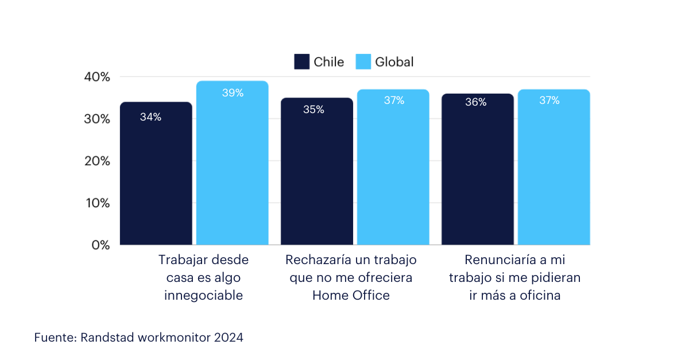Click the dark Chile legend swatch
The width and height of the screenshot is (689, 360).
(x=302, y=61)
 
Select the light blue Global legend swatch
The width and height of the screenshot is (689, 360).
(x=363, y=61)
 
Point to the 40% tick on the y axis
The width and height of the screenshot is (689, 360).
(x=97, y=76)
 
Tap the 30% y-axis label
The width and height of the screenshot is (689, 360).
(x=97, y=119)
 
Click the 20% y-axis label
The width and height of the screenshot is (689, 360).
(x=97, y=161)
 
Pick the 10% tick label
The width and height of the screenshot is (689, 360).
(x=98, y=203)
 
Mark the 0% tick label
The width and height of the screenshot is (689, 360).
(x=100, y=245)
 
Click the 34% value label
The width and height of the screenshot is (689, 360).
(x=150, y=117)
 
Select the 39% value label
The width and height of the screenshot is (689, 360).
(x=233, y=92)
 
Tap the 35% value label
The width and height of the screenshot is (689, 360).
(x=313, y=109)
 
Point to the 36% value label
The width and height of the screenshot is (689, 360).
(x=476, y=102)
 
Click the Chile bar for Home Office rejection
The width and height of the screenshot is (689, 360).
(x=317, y=171)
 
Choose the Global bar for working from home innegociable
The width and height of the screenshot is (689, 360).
(x=233, y=162)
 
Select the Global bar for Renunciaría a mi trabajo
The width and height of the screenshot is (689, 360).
(x=554, y=167)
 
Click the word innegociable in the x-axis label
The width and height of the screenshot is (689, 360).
(x=204, y=295)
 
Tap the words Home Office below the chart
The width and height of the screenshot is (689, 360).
(x=351, y=295)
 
